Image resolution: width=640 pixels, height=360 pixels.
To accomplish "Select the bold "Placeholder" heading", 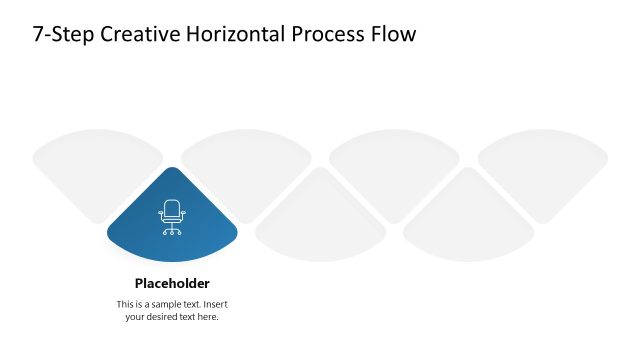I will pyautogui.click(x=172, y=283).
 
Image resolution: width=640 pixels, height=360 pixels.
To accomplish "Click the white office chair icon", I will pyautogui.click(x=172, y=217).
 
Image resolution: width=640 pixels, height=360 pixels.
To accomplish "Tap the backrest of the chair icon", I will pyautogui.click(x=172, y=209).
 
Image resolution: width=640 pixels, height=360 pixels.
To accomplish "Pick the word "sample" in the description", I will pyautogui.click(x=166, y=304).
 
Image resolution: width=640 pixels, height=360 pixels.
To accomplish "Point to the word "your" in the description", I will pyautogui.click(x=136, y=317).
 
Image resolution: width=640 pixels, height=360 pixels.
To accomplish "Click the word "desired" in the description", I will pyautogui.click(x=165, y=317).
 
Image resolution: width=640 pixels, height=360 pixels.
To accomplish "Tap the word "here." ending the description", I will pyautogui.click(x=208, y=317).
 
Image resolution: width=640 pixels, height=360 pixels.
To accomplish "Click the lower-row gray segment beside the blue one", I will pyautogui.click(x=320, y=220).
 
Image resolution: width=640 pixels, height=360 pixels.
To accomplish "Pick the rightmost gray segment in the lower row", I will pyautogui.click(x=468, y=220).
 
